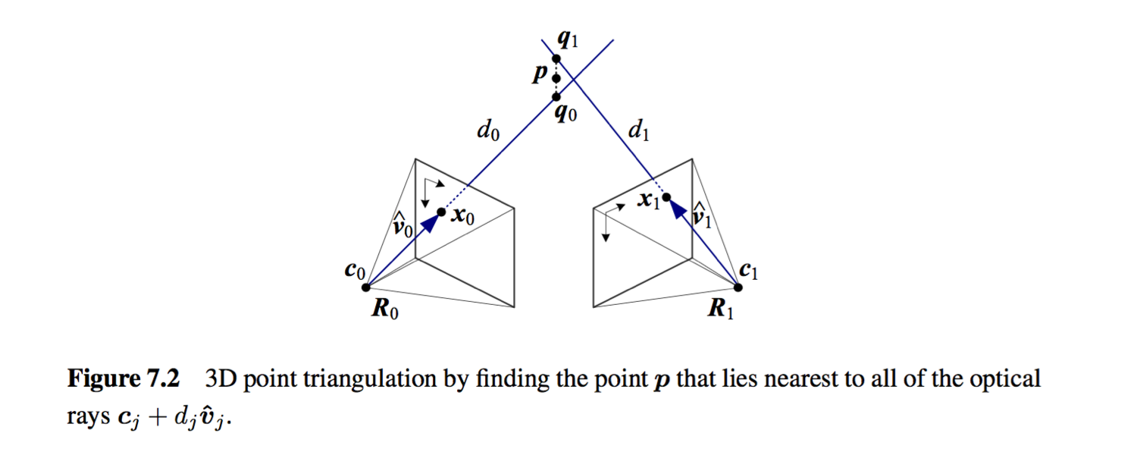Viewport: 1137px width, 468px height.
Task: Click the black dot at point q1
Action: click(x=556, y=58)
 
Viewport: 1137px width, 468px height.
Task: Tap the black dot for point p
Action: click(x=556, y=78)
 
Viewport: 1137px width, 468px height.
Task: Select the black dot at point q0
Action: click(x=556, y=96)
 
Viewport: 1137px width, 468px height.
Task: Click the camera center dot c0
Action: click(x=366, y=287)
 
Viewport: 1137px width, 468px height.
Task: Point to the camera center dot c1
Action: click(x=739, y=287)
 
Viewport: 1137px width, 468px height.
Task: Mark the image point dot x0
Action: click(x=441, y=212)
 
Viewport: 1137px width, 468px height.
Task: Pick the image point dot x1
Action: click(x=666, y=198)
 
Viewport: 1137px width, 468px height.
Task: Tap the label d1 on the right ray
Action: click(x=638, y=132)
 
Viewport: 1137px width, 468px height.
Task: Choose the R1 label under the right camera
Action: click(x=720, y=310)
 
